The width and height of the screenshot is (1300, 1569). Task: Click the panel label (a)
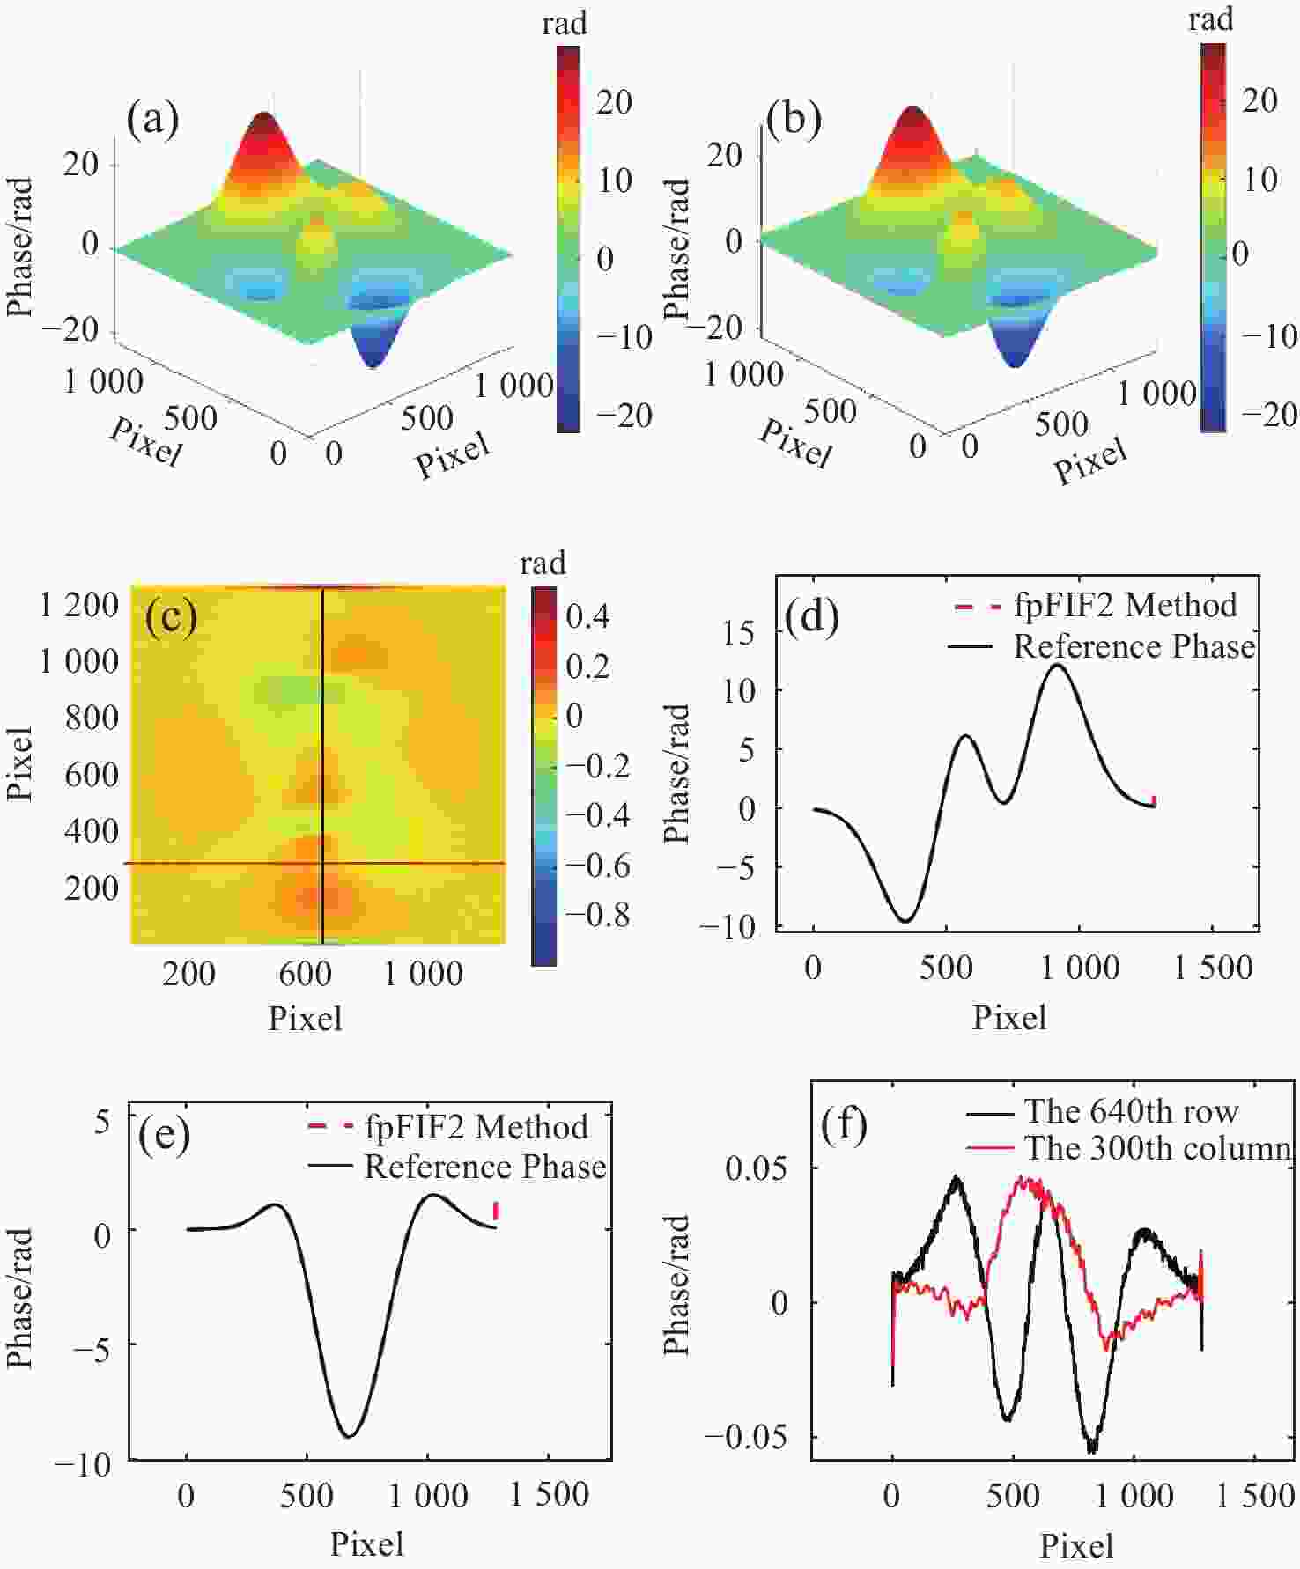coord(152,118)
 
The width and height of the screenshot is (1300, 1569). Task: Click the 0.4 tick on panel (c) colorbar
coord(587,616)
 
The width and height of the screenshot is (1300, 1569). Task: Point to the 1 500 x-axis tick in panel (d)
coord(1214,968)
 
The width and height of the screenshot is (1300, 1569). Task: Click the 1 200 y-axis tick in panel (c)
coord(78,605)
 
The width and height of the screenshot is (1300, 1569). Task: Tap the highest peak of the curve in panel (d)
coord(1058,666)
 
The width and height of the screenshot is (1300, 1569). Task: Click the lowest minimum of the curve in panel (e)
coord(349,1437)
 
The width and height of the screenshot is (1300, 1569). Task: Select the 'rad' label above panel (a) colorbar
coord(564,24)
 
